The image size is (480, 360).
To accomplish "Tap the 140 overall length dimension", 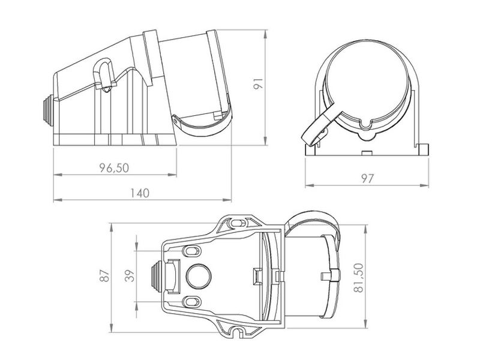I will [139, 193].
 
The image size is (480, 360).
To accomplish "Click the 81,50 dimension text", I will [358, 278].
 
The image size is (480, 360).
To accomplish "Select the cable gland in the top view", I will [155, 276].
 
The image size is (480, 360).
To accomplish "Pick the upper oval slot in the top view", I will [193, 250].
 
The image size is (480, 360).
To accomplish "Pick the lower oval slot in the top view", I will [193, 302].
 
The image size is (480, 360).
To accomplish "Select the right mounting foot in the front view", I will [425, 149].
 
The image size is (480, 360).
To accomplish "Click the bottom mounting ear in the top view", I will [235, 330].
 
